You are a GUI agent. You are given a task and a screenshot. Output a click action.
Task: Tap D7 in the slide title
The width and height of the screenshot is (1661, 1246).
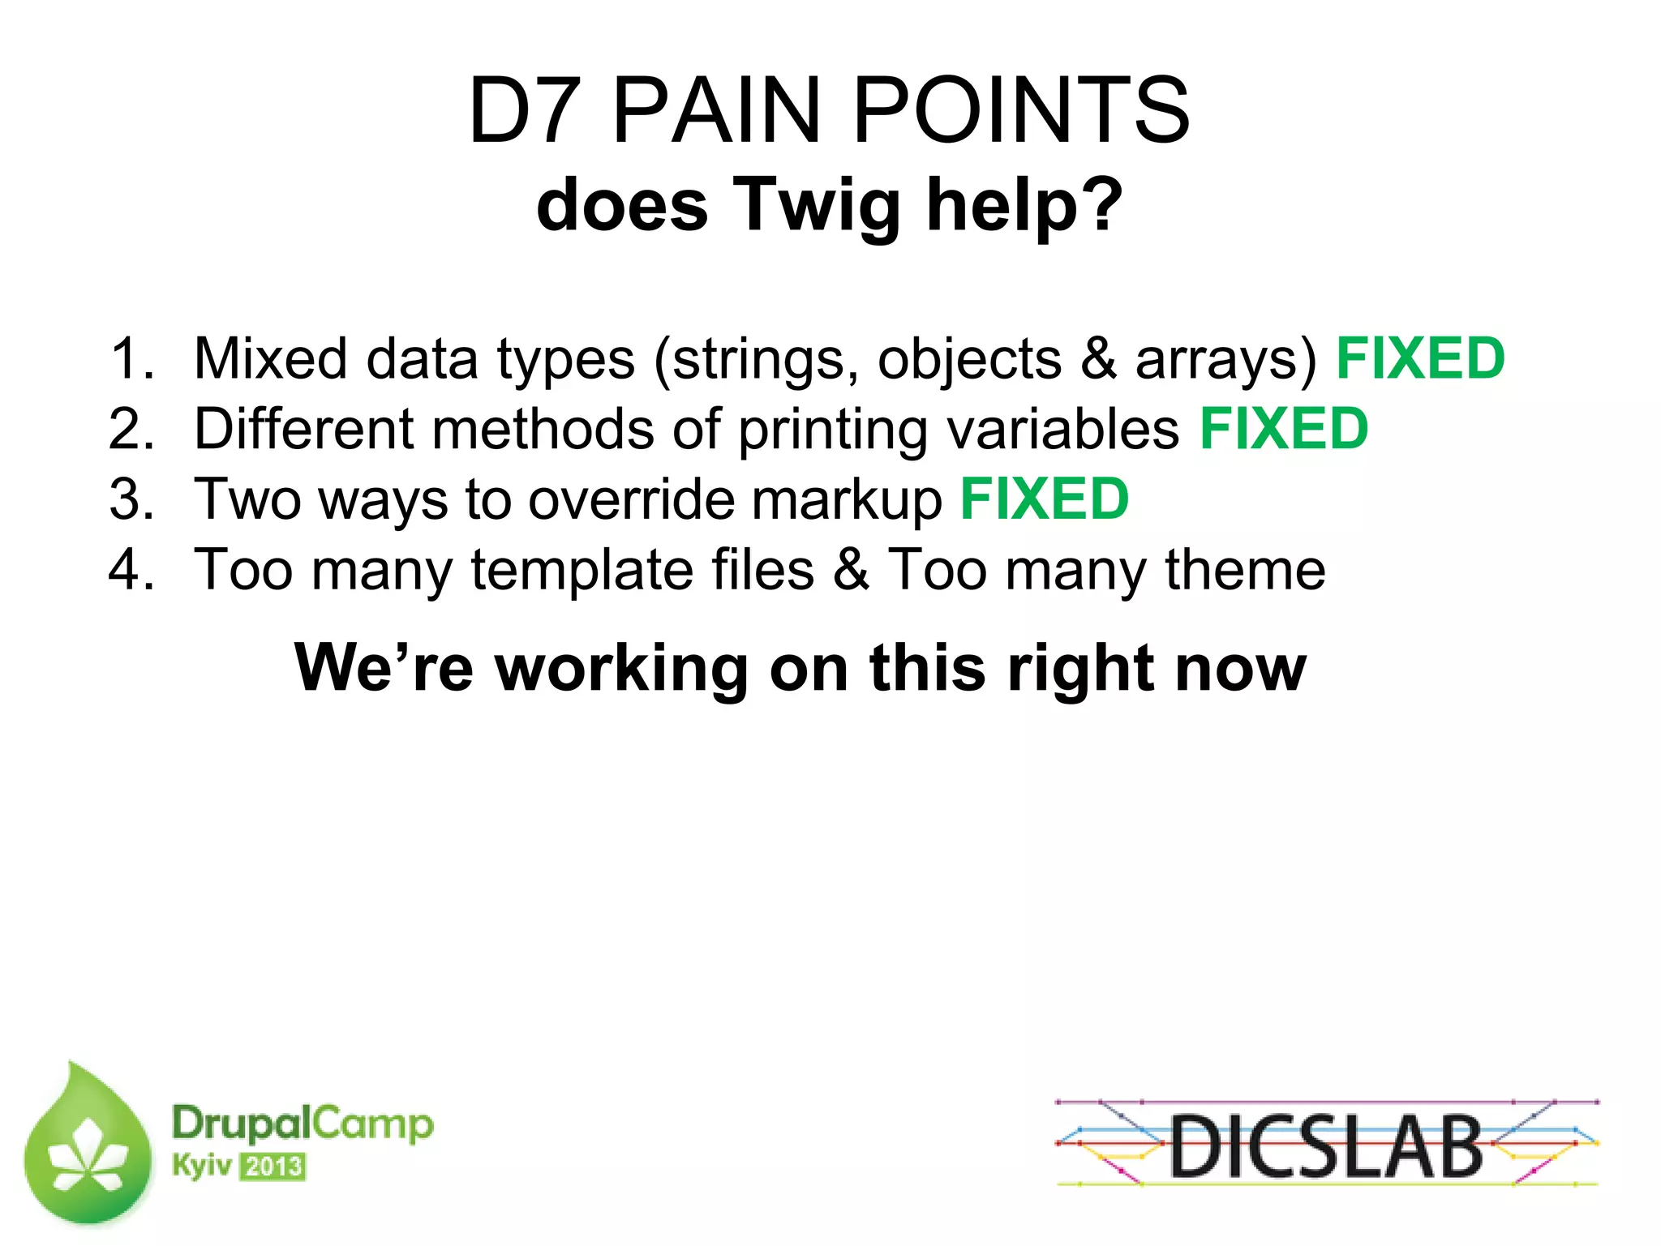click(526, 110)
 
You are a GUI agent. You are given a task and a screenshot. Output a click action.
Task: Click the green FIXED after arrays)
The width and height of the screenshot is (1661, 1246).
click(1420, 358)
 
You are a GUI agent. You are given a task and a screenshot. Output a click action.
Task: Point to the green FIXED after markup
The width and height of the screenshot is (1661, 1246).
click(1045, 499)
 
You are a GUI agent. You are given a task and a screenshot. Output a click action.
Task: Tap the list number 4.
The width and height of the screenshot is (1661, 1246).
click(130, 569)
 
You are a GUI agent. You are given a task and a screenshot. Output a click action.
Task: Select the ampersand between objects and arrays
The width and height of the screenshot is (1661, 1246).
click(1098, 358)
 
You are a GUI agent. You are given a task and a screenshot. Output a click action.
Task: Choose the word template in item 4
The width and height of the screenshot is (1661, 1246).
click(582, 569)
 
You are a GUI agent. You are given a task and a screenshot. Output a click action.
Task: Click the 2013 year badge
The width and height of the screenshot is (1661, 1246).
click(273, 1167)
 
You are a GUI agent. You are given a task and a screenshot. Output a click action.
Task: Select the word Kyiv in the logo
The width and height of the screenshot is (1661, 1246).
click(202, 1166)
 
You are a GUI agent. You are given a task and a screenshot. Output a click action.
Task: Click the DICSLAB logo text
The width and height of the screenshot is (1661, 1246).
click(1326, 1145)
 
